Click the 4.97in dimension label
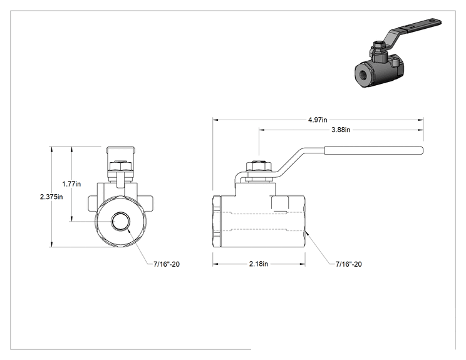(x=318, y=120)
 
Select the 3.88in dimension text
(x=341, y=130)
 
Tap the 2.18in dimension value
(x=259, y=264)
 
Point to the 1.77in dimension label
(x=71, y=184)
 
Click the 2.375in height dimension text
(x=51, y=197)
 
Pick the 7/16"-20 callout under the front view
(x=167, y=264)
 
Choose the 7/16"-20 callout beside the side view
(x=349, y=264)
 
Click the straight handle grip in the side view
(x=373, y=150)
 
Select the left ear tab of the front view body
(x=92, y=203)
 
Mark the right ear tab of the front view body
(x=148, y=203)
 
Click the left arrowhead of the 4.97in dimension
(x=215, y=120)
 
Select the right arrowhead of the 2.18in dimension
(x=303, y=264)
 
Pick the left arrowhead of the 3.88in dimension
(x=262, y=130)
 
